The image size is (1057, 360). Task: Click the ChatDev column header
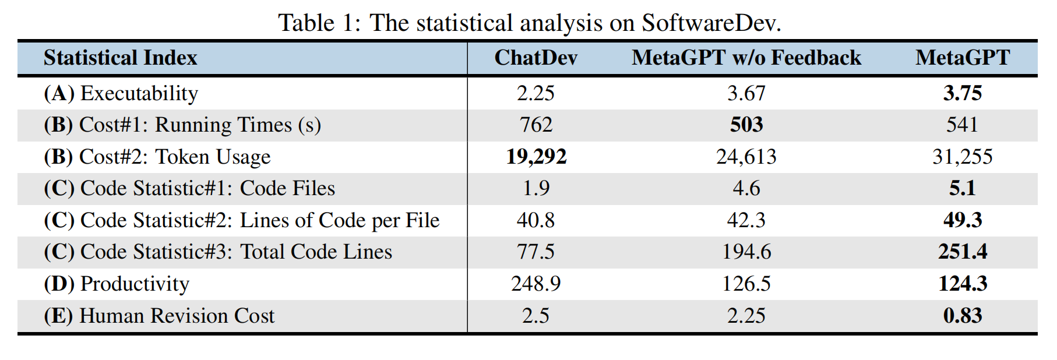coord(535,58)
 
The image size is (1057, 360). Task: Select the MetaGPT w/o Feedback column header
coord(746,58)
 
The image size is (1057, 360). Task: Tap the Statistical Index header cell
coord(120,58)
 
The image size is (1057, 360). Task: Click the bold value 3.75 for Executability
coord(962,93)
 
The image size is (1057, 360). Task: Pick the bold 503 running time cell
coord(746,125)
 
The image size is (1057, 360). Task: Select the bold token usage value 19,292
coord(535,157)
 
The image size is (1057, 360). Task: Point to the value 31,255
coord(962,157)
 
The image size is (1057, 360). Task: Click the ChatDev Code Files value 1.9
coord(535,188)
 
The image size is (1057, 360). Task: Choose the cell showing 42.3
coord(746,220)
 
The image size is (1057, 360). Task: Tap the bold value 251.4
coord(962,252)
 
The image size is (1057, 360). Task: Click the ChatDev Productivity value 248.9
coord(535,284)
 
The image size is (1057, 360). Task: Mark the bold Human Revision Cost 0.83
coord(962,316)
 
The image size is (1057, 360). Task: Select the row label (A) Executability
coord(121,93)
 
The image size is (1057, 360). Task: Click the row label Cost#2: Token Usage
coord(157,157)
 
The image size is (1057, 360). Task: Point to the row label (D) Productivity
coord(117,284)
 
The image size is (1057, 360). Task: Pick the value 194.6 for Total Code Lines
coord(746,252)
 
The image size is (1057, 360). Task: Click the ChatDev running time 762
coord(535,125)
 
